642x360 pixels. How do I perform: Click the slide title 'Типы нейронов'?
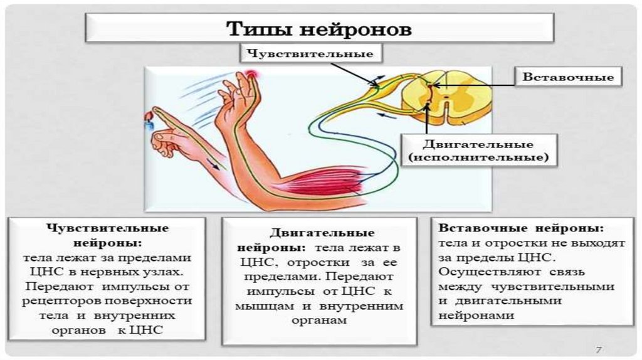(319, 29)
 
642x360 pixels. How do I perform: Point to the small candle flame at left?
(149, 116)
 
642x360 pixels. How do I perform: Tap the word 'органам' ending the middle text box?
(319, 320)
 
